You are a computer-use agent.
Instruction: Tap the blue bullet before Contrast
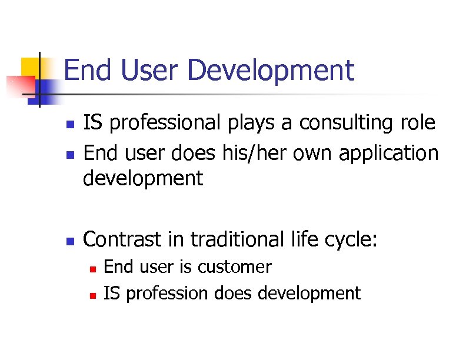(x=69, y=241)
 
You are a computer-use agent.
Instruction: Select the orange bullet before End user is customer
(x=92, y=268)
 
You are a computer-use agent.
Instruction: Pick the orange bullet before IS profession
(x=92, y=294)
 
